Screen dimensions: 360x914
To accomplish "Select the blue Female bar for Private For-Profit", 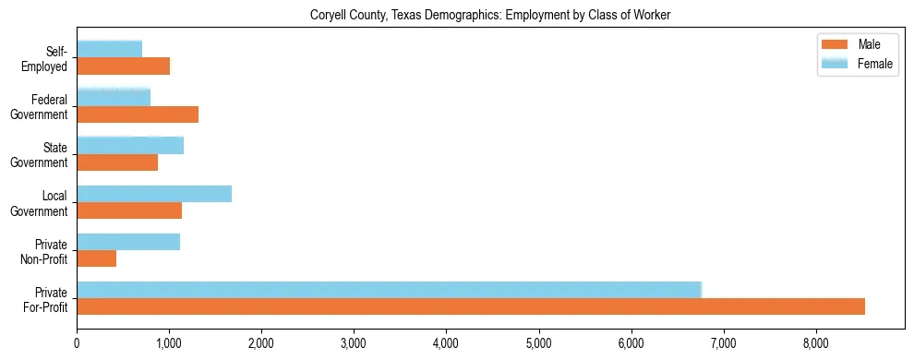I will [389, 290].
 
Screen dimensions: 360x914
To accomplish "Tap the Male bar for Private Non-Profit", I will [96, 259].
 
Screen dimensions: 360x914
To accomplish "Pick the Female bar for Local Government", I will [154, 194].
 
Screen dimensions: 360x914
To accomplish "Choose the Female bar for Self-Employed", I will [109, 49].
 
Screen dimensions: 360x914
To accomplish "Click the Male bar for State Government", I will [117, 162].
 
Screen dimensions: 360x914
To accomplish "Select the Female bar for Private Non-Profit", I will [128, 242].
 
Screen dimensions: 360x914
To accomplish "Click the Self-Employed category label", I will [51, 58].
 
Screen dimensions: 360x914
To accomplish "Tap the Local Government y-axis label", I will [40, 203].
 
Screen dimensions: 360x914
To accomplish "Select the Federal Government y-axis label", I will [40, 107].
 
